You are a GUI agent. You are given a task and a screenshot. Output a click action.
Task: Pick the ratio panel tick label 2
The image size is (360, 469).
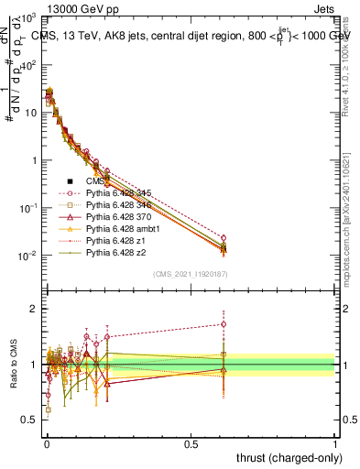pos(33,309)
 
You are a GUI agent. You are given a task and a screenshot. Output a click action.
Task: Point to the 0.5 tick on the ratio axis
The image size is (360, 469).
pos(29,420)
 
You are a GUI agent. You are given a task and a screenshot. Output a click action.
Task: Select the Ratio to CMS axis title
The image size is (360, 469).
pos(11,365)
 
